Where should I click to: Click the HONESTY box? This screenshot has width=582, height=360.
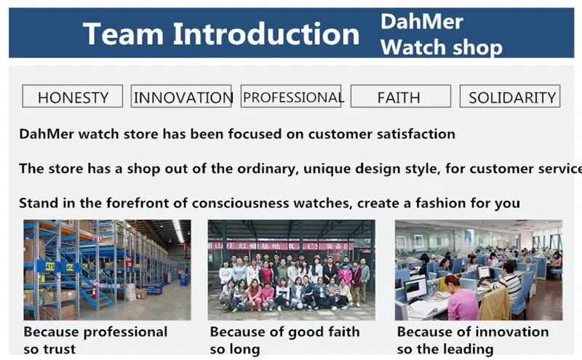coord(72,96)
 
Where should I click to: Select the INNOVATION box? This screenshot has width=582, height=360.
coord(181,96)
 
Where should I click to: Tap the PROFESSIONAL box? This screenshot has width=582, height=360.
coord(291,96)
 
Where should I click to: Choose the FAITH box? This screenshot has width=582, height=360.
coord(401,96)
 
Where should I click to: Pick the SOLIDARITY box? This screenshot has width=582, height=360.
coord(510,96)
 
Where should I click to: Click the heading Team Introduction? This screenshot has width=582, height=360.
coord(221,33)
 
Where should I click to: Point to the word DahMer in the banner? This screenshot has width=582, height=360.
coord(422,21)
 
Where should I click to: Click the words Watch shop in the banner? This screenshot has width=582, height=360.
coord(442,47)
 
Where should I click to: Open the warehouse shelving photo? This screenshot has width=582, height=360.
coord(107,270)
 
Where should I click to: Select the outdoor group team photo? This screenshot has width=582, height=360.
coord(292,270)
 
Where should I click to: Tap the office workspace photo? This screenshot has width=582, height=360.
coord(479,270)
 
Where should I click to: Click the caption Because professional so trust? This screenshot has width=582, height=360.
coord(95,340)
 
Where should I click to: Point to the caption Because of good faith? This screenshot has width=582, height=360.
coord(284,332)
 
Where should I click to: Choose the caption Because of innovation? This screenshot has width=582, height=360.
coord(473,332)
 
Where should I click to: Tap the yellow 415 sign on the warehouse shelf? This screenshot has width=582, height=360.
coord(50,266)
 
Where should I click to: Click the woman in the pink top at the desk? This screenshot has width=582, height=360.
coord(461,297)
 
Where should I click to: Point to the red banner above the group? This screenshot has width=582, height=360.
coord(281,246)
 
